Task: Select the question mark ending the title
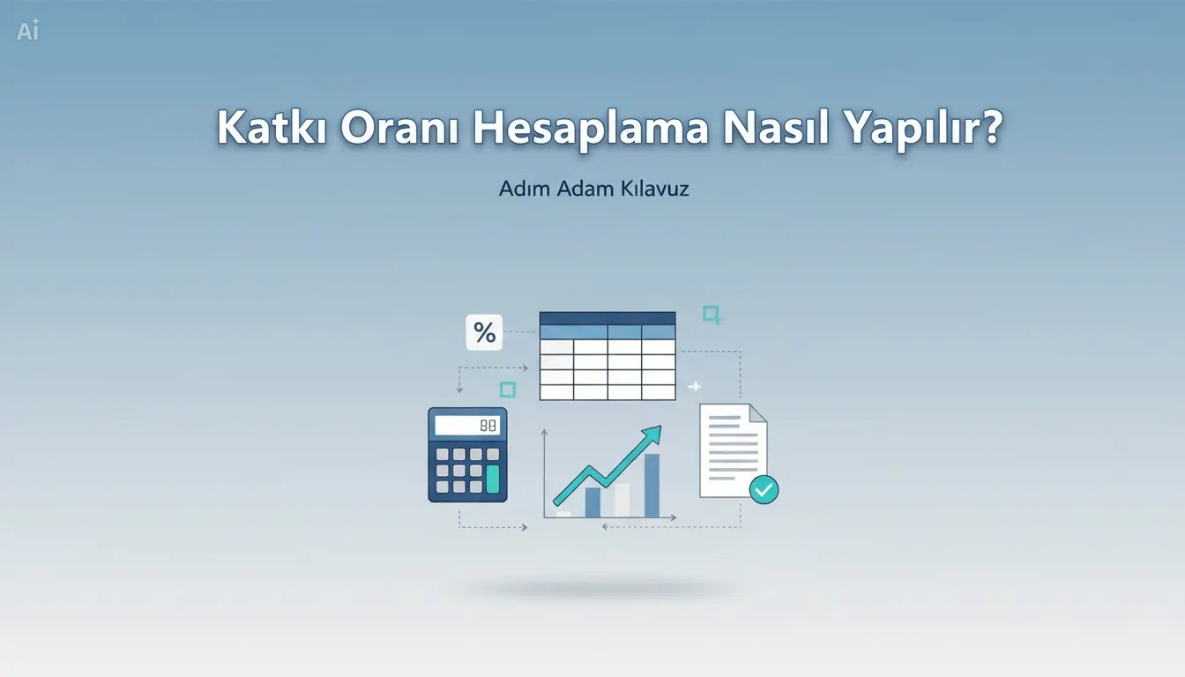987,127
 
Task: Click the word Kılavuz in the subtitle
654,189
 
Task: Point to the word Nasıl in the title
776,127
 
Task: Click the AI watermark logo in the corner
28,30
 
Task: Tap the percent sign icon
484,332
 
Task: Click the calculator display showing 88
467,425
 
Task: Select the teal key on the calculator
493,479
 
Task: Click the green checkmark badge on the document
764,489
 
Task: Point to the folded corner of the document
757,413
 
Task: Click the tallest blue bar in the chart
652,486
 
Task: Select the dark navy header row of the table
607,318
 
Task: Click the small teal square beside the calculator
508,390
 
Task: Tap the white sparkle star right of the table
694,387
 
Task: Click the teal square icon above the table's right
712,315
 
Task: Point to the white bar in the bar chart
622,501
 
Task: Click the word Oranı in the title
399,127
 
